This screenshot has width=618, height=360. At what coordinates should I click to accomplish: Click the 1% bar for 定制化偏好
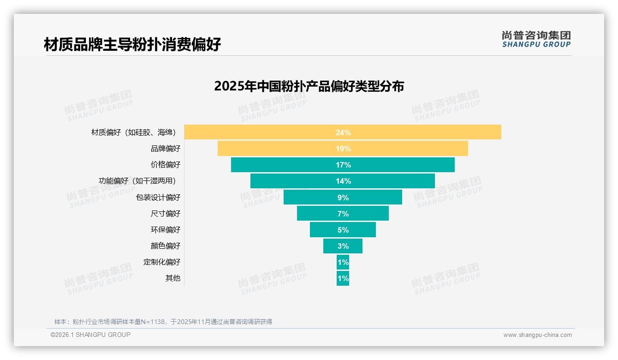(343, 262)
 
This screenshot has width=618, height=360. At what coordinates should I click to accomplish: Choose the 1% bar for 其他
(343, 278)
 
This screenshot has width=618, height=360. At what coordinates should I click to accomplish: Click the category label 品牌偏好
(166, 149)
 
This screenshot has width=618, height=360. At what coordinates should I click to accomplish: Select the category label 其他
(173, 278)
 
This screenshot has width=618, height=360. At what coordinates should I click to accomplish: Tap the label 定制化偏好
(162, 262)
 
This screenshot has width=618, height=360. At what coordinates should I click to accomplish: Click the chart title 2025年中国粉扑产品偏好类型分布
(309, 86)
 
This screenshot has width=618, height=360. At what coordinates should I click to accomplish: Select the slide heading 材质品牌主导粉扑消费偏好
(132, 44)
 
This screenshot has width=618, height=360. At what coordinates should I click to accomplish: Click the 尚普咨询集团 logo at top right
(536, 39)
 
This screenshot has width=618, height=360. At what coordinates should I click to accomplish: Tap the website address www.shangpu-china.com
(537, 335)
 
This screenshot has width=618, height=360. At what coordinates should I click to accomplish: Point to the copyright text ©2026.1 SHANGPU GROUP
(90, 335)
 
